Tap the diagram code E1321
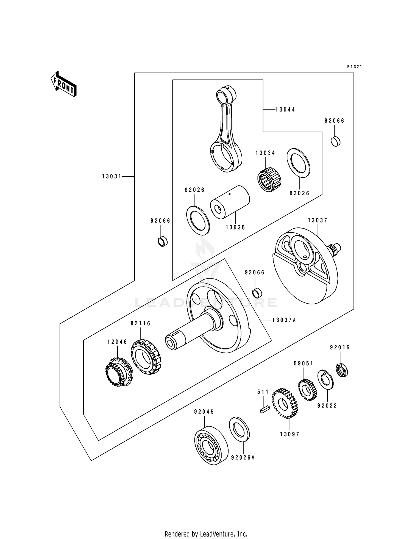[354, 67]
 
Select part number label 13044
[285, 110]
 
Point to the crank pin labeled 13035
[230, 202]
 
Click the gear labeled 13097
[285, 403]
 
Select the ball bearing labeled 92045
[211, 445]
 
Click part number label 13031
[112, 176]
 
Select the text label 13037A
[284, 320]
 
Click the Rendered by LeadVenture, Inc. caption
[206, 526]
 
